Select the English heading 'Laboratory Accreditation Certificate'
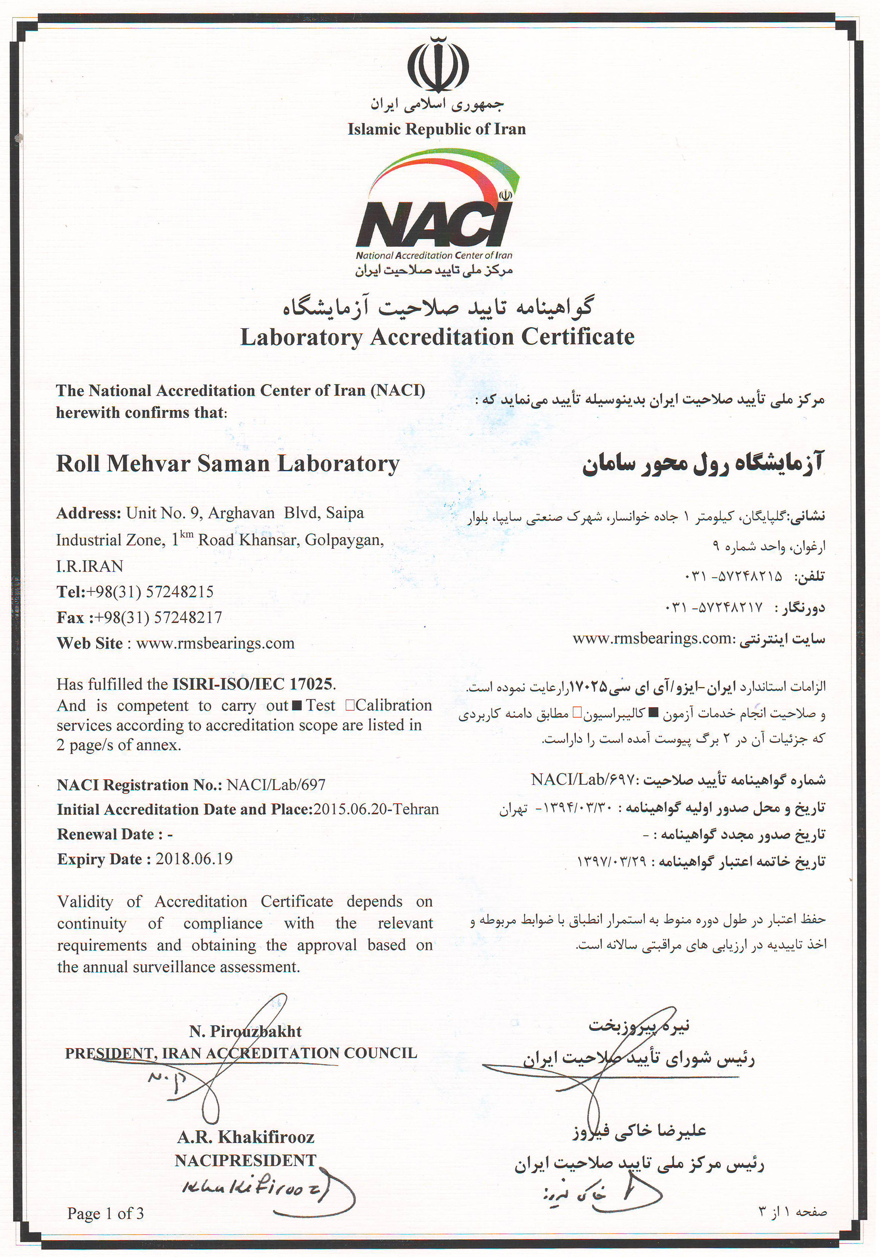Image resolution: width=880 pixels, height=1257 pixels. coord(437,337)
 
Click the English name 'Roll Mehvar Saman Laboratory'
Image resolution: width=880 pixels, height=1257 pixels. coord(228,464)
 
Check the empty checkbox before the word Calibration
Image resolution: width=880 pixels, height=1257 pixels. coord(349,706)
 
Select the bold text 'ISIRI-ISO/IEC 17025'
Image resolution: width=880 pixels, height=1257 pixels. coord(252,684)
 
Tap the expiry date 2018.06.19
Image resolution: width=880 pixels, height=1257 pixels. coord(194,858)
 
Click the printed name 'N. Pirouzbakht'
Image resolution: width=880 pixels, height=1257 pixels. coord(246,1032)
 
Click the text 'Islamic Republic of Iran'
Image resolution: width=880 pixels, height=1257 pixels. coord(437,129)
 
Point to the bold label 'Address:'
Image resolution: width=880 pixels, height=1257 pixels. coord(89,514)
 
